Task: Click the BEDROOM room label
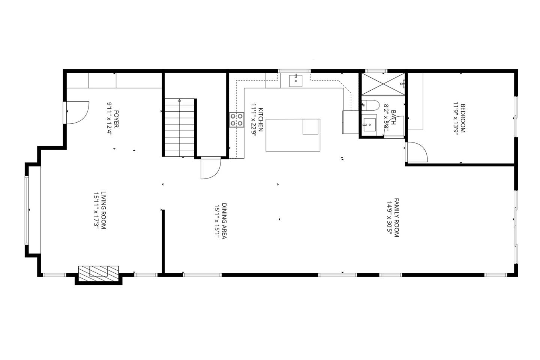463,118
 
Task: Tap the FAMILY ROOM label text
397,218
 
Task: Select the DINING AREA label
224,221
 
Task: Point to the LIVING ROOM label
103,210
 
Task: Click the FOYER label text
116,119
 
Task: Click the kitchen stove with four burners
237,120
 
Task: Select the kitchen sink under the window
296,80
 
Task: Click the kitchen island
293,135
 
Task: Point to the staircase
180,127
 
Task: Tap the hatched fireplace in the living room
98,271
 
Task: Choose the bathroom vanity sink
369,124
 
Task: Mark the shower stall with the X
383,84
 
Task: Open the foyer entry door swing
77,112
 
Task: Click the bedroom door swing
417,152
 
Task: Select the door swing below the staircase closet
210,168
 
